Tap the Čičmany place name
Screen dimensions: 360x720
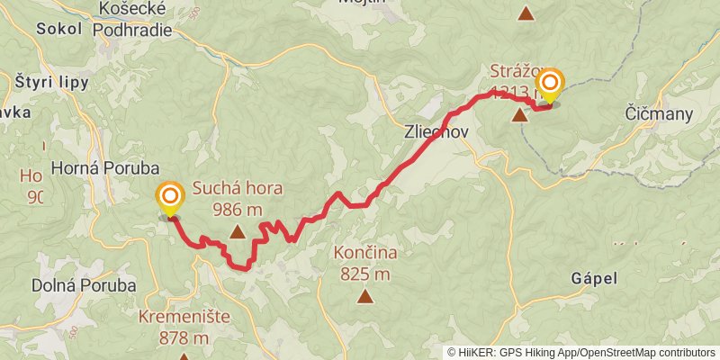coord(659,113)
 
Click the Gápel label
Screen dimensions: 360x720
coord(594,279)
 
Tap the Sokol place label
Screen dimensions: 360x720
coord(59,28)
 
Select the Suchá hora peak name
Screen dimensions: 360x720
coord(238,189)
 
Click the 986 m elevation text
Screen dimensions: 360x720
coord(238,210)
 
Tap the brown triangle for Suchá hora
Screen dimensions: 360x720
coord(238,232)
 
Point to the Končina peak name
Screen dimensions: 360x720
coord(365,253)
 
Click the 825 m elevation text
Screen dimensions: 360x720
coord(365,274)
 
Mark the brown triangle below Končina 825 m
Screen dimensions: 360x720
coord(365,295)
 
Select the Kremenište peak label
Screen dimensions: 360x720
coord(184,318)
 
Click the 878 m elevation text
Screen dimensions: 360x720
coord(184,338)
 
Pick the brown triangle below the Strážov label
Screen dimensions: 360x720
coord(520,114)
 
